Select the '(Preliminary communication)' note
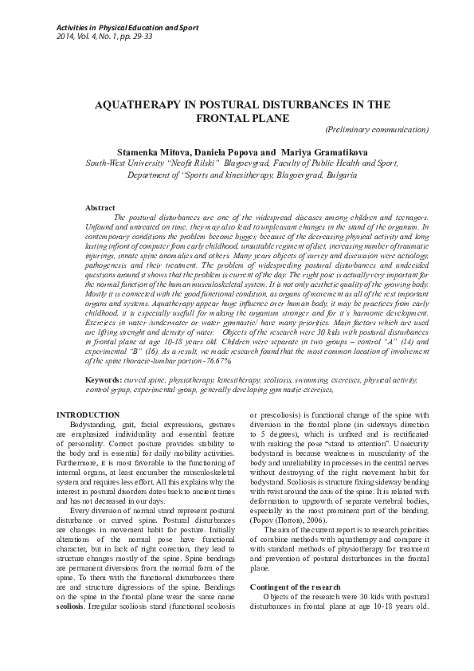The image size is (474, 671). click(377, 129)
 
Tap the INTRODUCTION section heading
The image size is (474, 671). click(88, 415)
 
